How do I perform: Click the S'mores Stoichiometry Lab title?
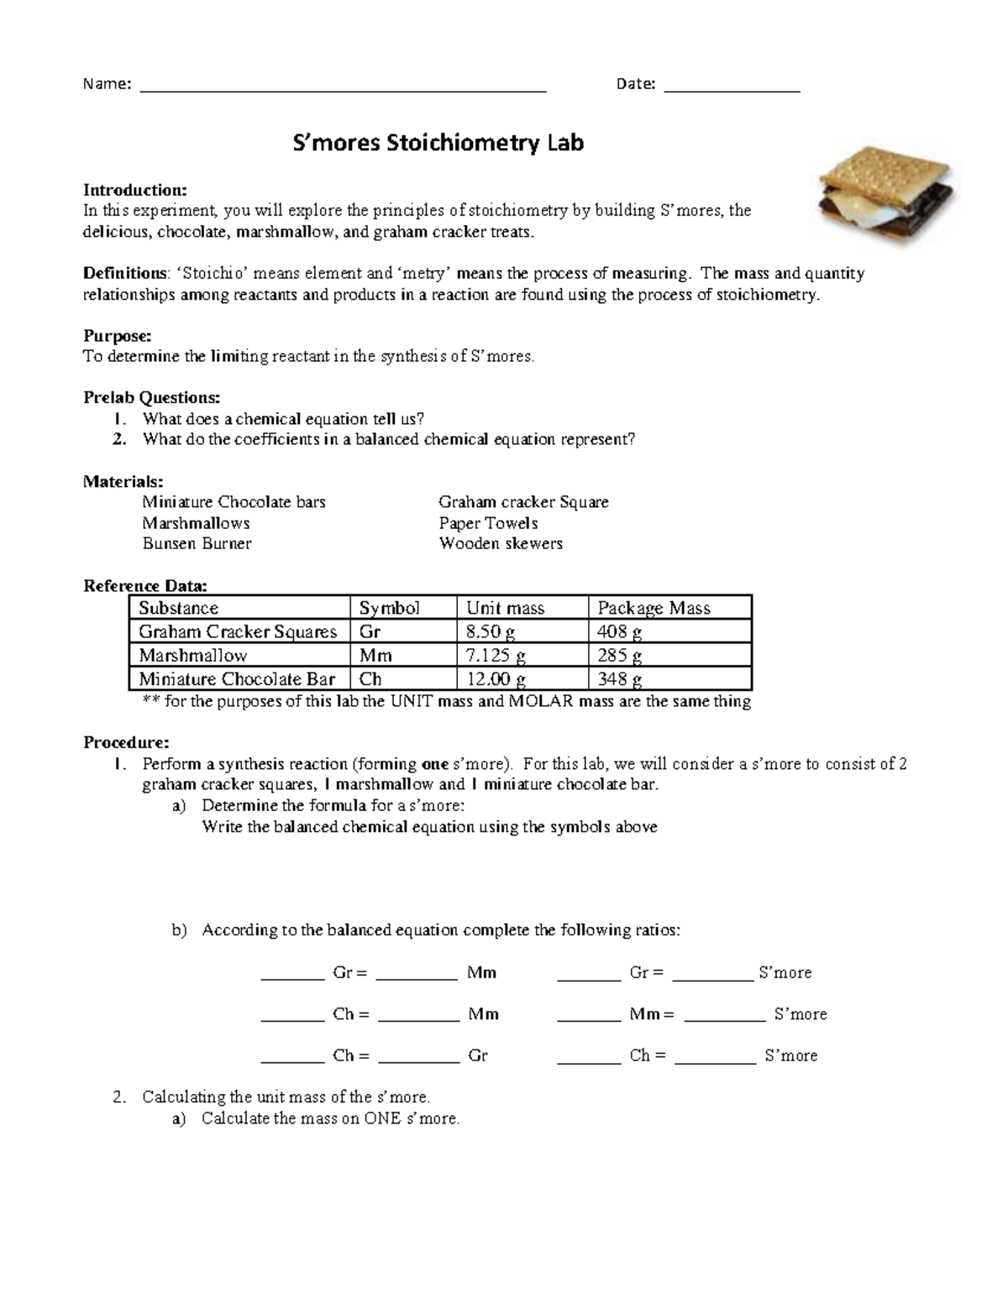pyautogui.click(x=437, y=144)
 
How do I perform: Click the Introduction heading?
pyautogui.click(x=134, y=190)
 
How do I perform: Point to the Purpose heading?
pyautogui.click(x=117, y=336)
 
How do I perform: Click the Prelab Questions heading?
pyautogui.click(x=152, y=397)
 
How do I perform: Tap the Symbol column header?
pyautogui.click(x=389, y=608)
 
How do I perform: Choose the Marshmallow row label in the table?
pyautogui.click(x=193, y=655)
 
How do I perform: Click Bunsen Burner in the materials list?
pyautogui.click(x=197, y=543)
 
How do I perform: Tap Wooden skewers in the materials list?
pyautogui.click(x=501, y=543)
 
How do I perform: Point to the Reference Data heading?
pyautogui.click(x=144, y=585)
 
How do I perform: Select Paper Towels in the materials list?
pyautogui.click(x=488, y=523)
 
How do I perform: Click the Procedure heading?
pyautogui.click(x=126, y=742)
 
